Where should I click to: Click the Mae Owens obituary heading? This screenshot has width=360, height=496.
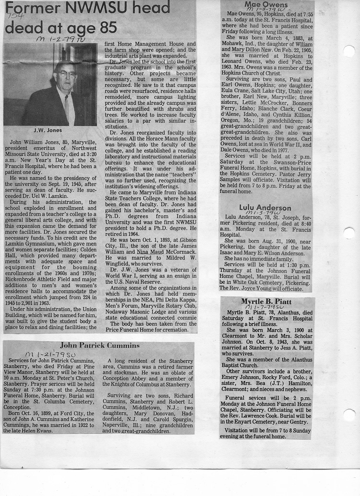[262, 5]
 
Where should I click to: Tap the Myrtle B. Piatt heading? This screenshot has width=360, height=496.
[267, 301]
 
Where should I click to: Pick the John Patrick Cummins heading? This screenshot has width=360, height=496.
[99, 345]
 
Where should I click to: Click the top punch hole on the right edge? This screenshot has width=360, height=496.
[349, 51]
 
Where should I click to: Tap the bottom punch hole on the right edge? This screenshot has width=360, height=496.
[349, 415]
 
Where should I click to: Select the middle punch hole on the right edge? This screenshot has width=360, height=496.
[349, 233]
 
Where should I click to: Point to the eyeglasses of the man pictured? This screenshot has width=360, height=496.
[66, 73]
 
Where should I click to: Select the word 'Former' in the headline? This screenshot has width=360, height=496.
[29, 8]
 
